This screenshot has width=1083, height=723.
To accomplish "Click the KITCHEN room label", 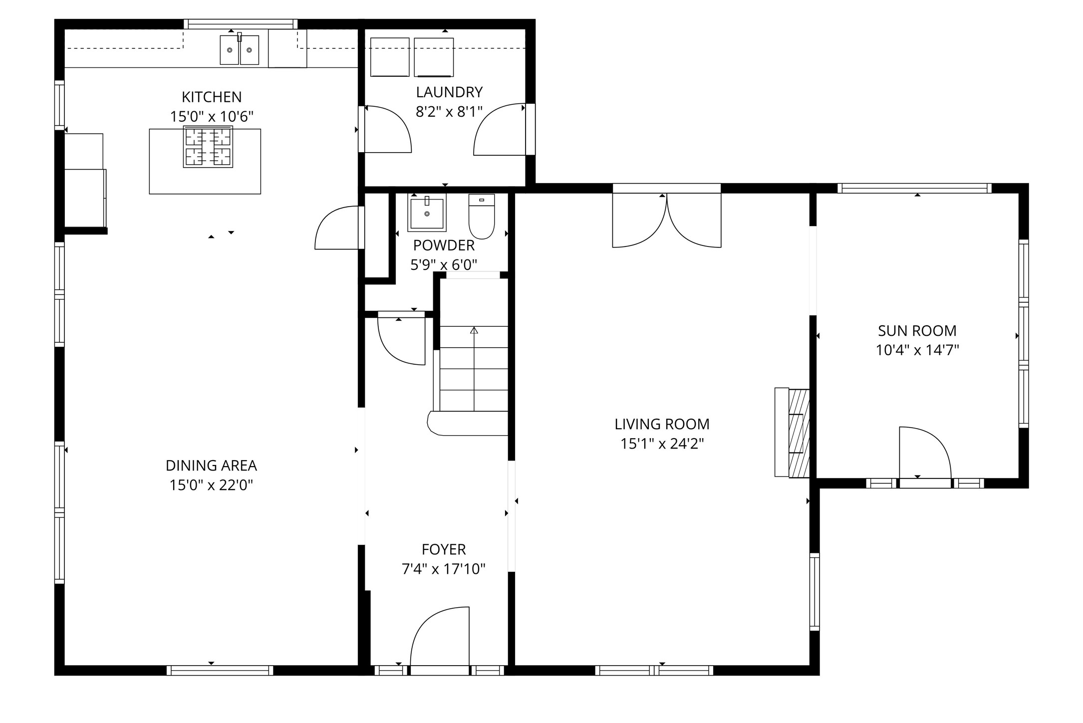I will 212,97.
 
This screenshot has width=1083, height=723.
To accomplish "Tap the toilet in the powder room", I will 482,218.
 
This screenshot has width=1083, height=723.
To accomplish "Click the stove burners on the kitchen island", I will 208,147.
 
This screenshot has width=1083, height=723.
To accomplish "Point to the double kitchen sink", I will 240,50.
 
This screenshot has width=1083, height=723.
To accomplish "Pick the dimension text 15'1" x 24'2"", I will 662,444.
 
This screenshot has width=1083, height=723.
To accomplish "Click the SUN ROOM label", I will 917,331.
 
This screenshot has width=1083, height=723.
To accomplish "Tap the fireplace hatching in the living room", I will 798,433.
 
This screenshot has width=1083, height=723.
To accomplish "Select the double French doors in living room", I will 667,222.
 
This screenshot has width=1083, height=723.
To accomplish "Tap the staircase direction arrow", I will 474,331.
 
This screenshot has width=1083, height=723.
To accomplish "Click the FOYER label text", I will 444,549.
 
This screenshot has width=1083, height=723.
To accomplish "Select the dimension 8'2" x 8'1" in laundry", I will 449,112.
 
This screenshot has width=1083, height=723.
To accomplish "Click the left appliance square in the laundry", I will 390,57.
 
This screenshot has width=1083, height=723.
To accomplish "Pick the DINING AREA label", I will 211,466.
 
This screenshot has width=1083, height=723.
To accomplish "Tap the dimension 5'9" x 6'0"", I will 444,265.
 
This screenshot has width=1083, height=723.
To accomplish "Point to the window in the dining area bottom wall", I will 220,670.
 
